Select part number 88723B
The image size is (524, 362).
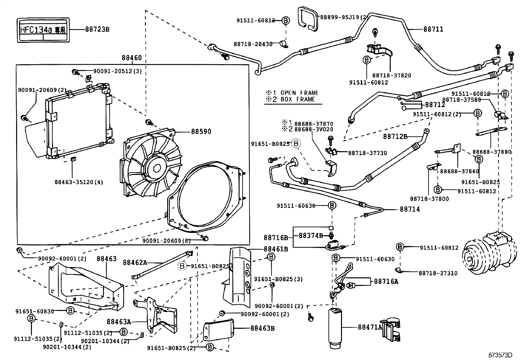click(x=97, y=29)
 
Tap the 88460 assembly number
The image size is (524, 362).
click(x=132, y=58)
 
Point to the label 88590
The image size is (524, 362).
click(x=201, y=132)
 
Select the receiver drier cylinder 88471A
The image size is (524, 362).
click(x=335, y=328)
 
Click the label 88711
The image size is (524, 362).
click(x=433, y=29)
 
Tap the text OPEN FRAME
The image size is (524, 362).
click(x=300, y=93)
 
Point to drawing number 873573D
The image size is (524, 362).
click(x=501, y=355)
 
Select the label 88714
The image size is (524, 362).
click(x=410, y=209)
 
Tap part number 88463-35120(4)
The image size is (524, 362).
click(x=79, y=182)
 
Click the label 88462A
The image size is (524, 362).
click(x=135, y=263)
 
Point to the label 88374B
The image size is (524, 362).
click(x=311, y=236)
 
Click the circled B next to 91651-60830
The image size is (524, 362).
click(x=70, y=310)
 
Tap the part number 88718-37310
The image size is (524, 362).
click(x=438, y=273)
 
